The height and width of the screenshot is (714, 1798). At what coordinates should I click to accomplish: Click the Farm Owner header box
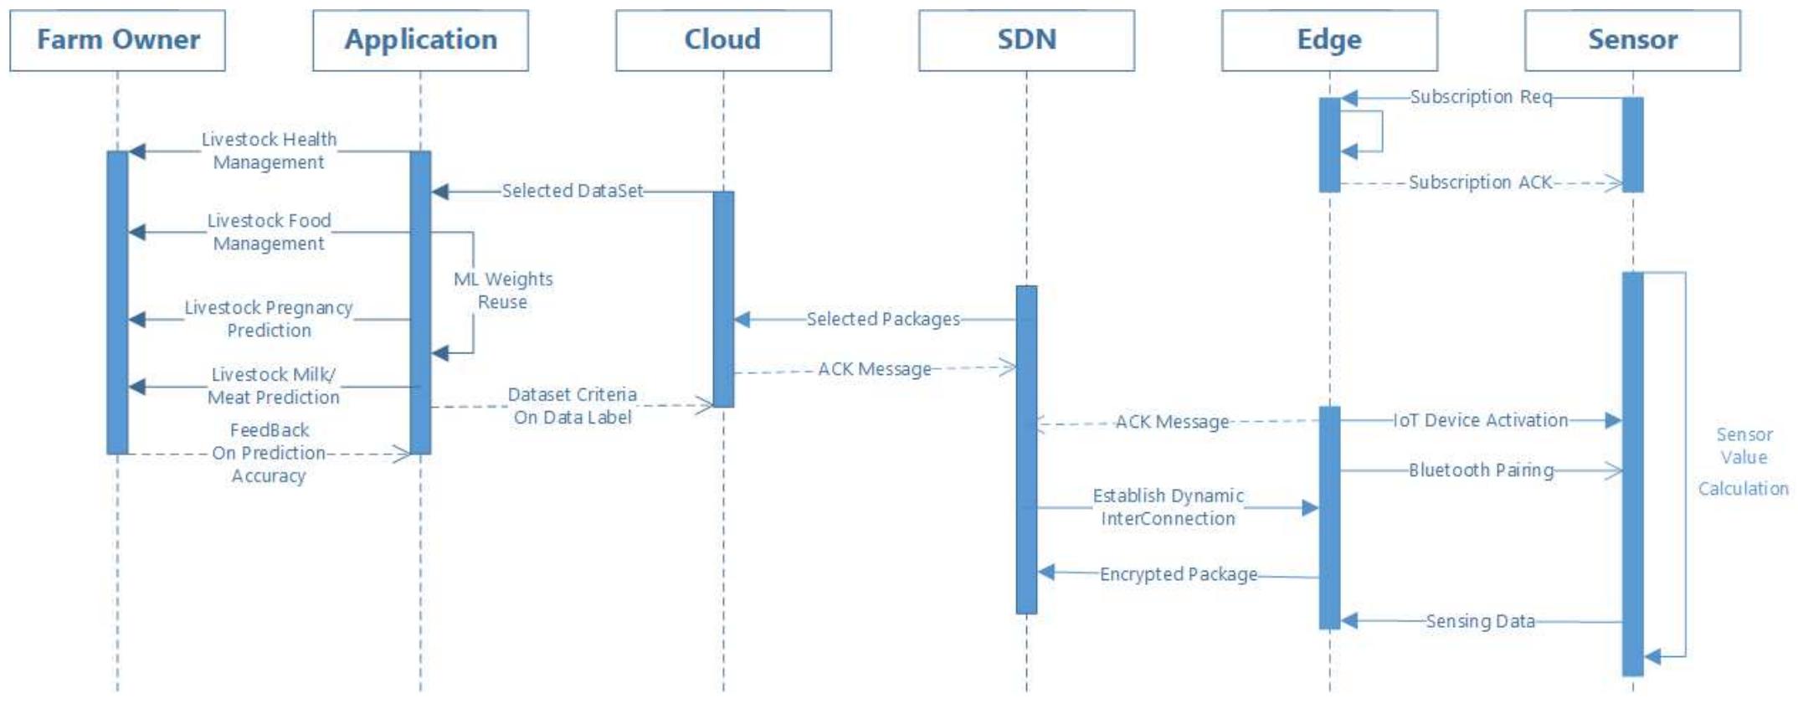click(x=117, y=40)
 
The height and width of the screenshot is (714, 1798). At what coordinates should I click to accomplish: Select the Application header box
click(x=420, y=40)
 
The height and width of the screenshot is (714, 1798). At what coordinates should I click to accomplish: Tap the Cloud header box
click(x=723, y=40)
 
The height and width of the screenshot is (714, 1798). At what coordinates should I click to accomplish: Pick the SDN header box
click(x=1026, y=40)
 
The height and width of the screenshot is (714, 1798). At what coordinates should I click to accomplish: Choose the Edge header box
click(x=1329, y=40)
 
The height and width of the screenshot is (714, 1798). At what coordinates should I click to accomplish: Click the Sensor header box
click(x=1632, y=40)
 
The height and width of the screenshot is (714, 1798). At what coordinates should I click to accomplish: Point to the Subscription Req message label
click(x=1480, y=97)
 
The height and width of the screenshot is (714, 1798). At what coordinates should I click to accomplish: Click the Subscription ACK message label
click(x=1480, y=182)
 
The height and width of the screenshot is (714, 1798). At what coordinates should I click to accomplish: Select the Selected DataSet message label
click(x=573, y=191)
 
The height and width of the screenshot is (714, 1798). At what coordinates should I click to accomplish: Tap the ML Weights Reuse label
click(x=503, y=290)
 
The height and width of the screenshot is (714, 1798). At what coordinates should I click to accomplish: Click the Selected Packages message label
click(x=883, y=319)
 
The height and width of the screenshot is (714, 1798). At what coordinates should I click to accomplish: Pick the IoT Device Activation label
click(x=1480, y=420)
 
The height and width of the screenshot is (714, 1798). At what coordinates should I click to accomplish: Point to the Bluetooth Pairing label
click(x=1480, y=470)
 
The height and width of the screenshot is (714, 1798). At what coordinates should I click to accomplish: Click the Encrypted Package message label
click(x=1178, y=574)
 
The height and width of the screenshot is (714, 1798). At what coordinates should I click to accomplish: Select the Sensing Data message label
click(x=1480, y=621)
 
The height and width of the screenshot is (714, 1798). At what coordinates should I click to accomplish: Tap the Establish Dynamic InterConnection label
click(x=1168, y=507)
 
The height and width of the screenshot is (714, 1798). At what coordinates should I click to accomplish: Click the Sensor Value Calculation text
click(x=1743, y=460)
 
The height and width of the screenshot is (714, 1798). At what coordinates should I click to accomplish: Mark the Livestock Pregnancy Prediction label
click(x=269, y=319)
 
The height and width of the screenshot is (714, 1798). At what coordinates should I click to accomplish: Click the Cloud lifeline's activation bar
click(x=723, y=299)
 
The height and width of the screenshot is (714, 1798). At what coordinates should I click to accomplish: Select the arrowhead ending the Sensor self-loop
click(x=1652, y=657)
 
